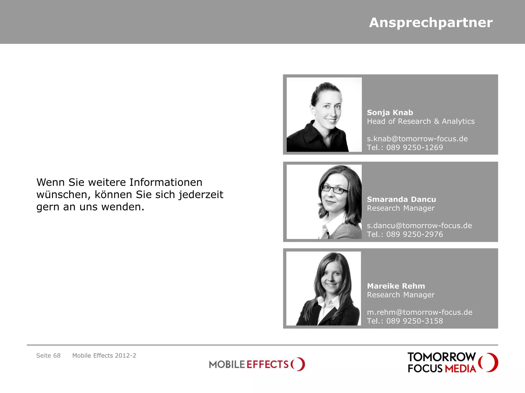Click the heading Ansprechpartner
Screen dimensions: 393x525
tap(431, 23)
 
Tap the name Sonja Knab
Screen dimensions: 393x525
tap(390, 113)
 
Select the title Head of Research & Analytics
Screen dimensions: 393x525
tap(421, 121)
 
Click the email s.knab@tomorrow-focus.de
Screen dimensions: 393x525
tap(417, 139)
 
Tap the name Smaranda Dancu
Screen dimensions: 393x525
tap(401, 199)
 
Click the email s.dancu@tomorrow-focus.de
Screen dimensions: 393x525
tap(419, 225)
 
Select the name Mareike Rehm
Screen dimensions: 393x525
tap(396, 286)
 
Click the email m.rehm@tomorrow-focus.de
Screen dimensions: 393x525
tap(420, 312)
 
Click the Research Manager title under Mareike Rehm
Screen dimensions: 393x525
tap(401, 295)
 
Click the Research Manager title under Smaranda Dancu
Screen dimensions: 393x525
tap(401, 208)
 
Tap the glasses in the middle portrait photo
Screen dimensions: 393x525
tap(334, 189)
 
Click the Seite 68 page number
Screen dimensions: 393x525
tap(48, 355)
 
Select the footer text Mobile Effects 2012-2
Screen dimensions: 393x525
tap(104, 355)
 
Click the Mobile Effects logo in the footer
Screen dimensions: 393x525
tap(257, 364)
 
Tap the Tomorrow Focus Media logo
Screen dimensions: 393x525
tap(453, 362)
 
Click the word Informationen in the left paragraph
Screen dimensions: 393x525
tap(166, 182)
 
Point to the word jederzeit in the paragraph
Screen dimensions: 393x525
tap(201, 195)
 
